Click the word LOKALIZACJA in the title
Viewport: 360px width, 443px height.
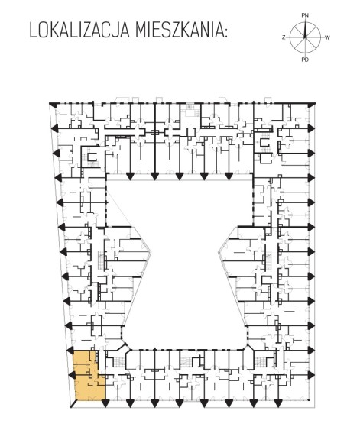click(x=79, y=31)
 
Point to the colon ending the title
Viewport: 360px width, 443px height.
click(x=225, y=32)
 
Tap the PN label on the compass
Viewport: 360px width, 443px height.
click(x=305, y=15)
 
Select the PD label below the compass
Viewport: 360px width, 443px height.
click(x=305, y=60)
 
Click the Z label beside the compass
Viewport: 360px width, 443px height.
click(x=284, y=37)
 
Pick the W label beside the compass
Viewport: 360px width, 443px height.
click(x=327, y=37)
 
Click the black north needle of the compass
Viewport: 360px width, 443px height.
click(x=305, y=29)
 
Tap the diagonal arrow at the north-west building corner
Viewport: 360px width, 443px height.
click(x=54, y=105)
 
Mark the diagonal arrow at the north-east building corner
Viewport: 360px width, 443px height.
click(x=311, y=105)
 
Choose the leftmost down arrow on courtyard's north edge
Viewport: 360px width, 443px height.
click(x=130, y=176)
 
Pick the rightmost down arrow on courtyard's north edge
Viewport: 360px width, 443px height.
click(x=229, y=176)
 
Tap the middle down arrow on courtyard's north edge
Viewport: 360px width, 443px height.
click(x=179, y=176)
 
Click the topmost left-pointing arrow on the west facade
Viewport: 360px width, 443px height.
click(x=55, y=128)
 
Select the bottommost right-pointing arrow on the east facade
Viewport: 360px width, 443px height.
click(x=311, y=375)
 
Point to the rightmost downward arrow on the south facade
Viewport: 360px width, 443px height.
click(x=277, y=404)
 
